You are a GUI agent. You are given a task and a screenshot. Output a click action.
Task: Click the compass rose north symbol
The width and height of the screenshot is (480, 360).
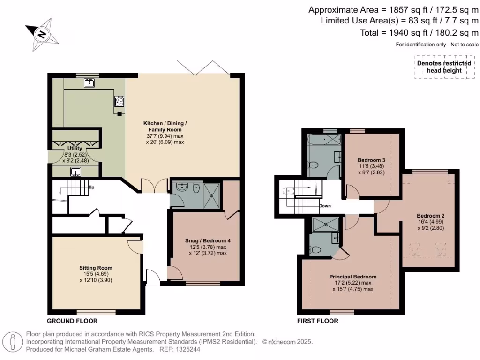(x=42, y=34)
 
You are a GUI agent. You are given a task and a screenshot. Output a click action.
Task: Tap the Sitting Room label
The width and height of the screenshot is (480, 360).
(x=96, y=268)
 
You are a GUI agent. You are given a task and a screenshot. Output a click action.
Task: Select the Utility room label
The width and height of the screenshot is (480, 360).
(x=75, y=148)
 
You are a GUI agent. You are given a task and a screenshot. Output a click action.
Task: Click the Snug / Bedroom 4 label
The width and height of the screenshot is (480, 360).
(x=208, y=240)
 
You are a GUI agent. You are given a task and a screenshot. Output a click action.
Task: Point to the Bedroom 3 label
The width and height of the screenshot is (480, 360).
(x=371, y=160)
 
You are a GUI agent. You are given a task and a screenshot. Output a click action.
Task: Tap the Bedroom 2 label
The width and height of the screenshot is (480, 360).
(x=431, y=216)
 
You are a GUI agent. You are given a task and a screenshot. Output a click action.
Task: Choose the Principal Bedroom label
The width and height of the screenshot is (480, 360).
(x=353, y=277)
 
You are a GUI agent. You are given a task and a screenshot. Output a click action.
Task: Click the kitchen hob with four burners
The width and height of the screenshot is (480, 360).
(x=120, y=101)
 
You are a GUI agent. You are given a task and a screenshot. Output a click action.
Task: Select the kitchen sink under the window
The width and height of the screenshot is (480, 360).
(x=89, y=82)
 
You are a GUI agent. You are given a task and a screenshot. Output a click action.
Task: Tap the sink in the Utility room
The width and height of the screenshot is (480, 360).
(x=75, y=172)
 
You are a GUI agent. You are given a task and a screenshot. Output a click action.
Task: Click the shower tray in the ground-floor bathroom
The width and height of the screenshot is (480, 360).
(x=211, y=195)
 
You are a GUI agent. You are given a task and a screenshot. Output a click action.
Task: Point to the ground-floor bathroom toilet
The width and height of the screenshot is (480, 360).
(x=196, y=188)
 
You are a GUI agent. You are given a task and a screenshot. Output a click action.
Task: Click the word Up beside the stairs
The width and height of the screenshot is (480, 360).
(x=91, y=187)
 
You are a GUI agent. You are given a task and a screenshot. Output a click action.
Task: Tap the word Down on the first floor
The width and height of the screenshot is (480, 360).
(x=325, y=206)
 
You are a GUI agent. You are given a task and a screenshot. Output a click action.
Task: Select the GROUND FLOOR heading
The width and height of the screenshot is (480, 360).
(x=72, y=321)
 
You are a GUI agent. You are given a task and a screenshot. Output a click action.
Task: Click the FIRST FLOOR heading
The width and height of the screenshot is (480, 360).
(x=318, y=321)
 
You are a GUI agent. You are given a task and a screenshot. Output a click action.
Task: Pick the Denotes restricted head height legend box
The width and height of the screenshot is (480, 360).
(x=444, y=67)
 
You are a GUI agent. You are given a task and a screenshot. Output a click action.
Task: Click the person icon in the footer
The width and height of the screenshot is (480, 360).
(x=13, y=342)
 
